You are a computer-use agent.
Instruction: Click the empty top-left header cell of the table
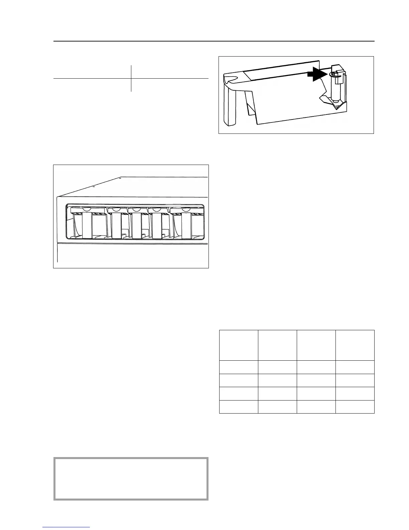tap(239, 345)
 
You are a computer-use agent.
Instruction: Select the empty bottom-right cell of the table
tap(355, 407)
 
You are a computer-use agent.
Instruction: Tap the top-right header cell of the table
tap(355, 345)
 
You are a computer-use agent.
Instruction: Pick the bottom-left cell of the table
tap(239, 407)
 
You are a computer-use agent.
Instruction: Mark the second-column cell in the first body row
tap(277, 367)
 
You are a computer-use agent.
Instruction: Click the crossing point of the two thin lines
tap(131, 79)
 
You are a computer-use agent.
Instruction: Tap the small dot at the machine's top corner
tap(120, 178)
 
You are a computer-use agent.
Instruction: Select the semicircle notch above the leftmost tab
tap(87, 209)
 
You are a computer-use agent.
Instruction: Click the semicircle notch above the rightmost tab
tap(186, 209)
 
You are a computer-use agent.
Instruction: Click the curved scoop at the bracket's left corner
tap(230, 79)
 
